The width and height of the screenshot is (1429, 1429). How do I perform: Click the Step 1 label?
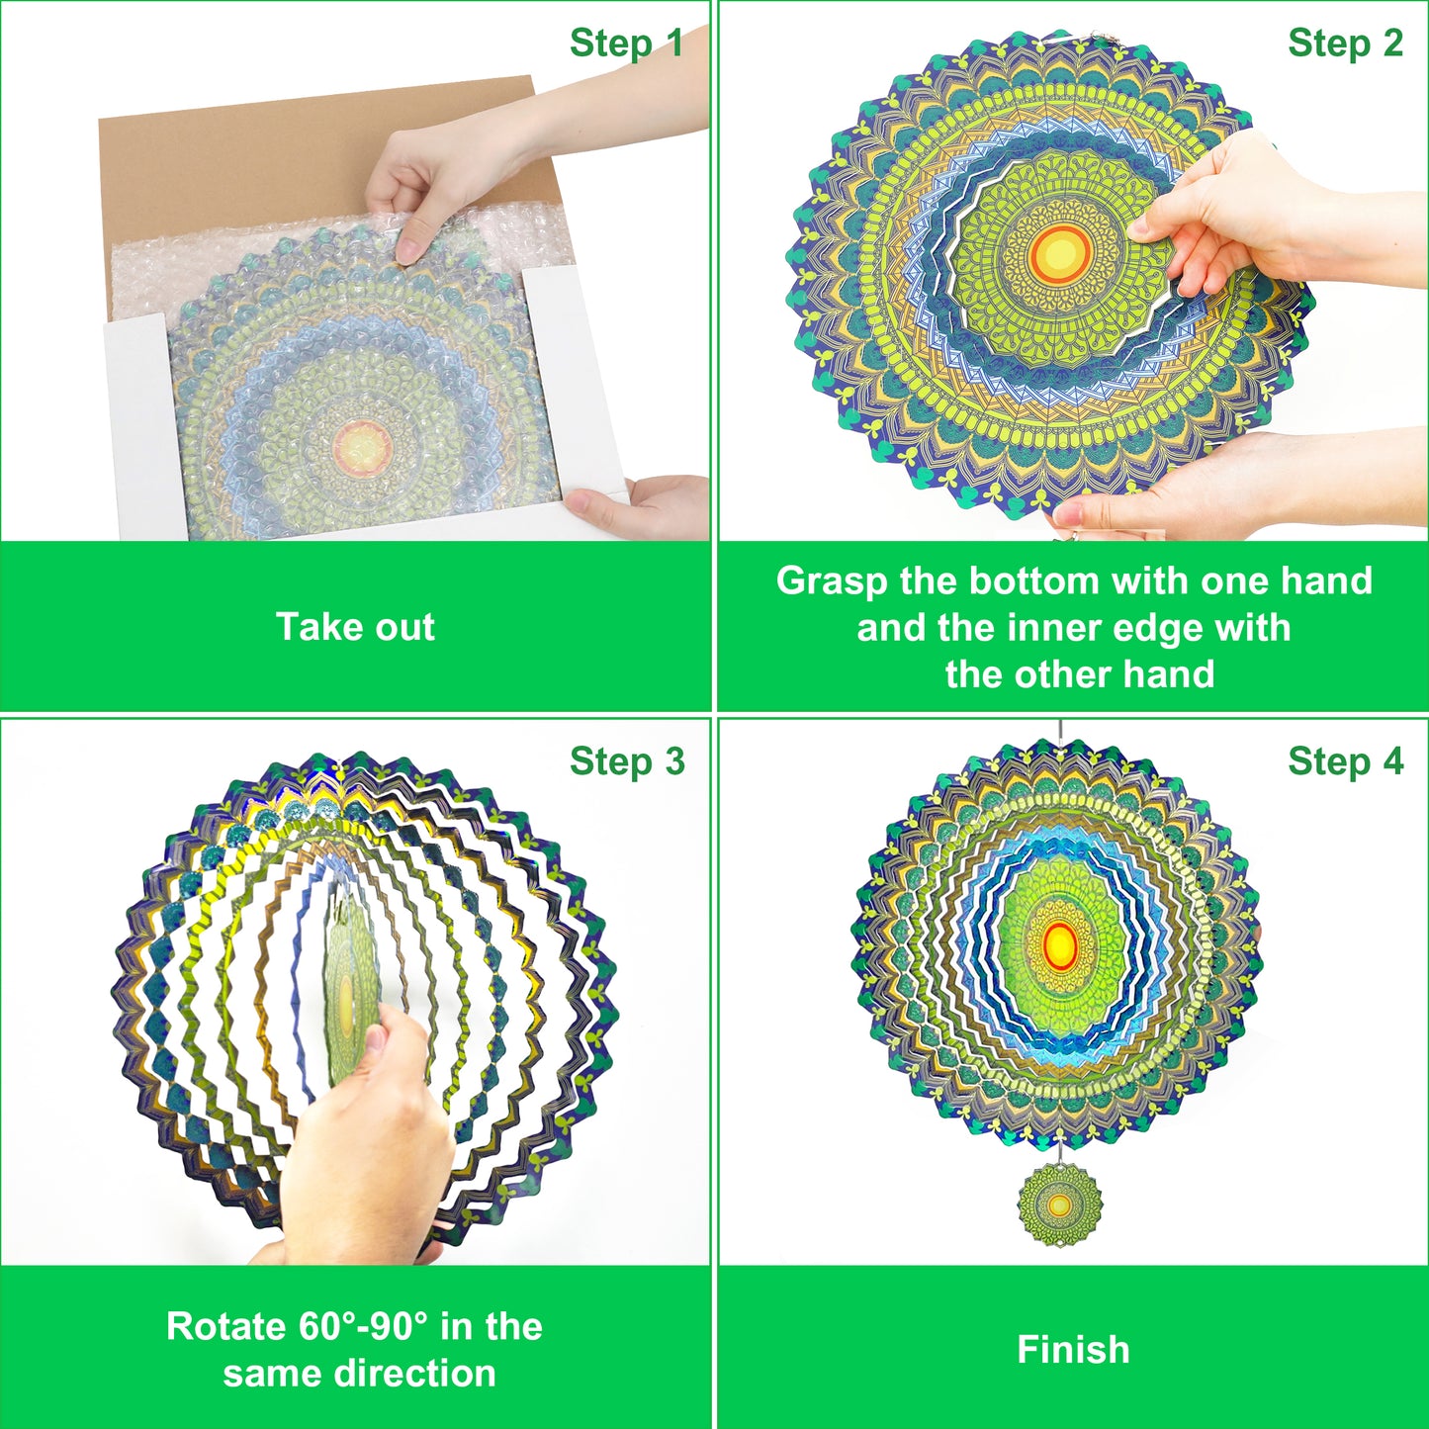(x=626, y=43)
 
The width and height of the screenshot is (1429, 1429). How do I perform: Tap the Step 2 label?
(x=1345, y=43)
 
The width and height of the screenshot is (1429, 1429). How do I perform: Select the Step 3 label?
(x=627, y=760)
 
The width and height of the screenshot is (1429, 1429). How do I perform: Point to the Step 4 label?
(x=1345, y=760)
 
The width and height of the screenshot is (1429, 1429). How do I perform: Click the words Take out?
(x=355, y=627)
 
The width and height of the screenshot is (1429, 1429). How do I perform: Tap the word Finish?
(x=1073, y=1349)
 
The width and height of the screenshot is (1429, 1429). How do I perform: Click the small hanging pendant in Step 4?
(x=1060, y=1206)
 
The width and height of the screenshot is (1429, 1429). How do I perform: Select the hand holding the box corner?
(x=636, y=508)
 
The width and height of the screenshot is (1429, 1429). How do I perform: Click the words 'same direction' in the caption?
(x=360, y=1373)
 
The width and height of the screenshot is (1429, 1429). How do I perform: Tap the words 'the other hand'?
(x=1080, y=674)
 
